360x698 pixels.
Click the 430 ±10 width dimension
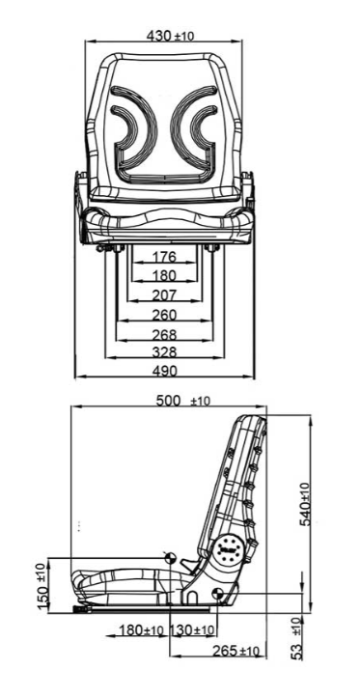[170, 36]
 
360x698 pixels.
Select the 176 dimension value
[164, 257]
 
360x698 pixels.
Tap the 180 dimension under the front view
[164, 276]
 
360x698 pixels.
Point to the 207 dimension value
[164, 295]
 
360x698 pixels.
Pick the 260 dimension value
[164, 315]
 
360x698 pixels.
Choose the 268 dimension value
[164, 334]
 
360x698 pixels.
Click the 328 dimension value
[164, 352]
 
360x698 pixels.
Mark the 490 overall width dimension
[164, 371]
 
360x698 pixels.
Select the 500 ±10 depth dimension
[182, 401]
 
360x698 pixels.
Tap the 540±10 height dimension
[305, 504]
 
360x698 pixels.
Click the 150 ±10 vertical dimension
[42, 586]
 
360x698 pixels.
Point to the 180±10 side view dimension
[141, 630]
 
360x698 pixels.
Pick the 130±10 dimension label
[192, 630]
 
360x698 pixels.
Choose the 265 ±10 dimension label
[235, 652]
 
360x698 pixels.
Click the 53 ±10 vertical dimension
[297, 638]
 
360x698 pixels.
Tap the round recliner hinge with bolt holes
[229, 550]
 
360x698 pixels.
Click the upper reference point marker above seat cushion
[170, 557]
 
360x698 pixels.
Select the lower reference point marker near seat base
[217, 594]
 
